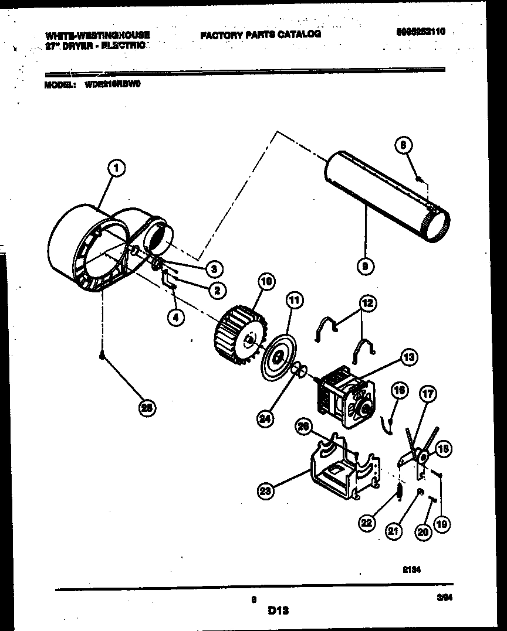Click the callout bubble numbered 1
pos(116,169)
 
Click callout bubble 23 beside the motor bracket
pos(266,492)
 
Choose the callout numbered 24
pos(265,418)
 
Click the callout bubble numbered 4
pos(174,317)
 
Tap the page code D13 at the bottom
pos(278,610)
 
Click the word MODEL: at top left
pos(60,84)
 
